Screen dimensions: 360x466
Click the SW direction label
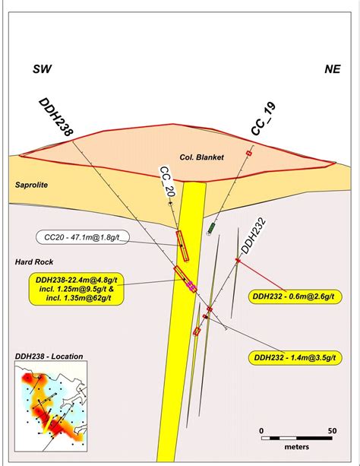[42, 69]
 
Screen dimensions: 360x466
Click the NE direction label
[333, 69]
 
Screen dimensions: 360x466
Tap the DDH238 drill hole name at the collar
[56, 117]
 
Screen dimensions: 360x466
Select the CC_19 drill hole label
[264, 119]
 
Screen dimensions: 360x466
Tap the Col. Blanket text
[202, 157]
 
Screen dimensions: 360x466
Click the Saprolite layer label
[31, 185]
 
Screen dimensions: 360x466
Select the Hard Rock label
[34, 262]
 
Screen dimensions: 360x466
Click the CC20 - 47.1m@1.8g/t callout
[83, 237]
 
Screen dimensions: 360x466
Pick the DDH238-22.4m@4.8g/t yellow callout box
[76, 289]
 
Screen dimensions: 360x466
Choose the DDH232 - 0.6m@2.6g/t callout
[295, 296]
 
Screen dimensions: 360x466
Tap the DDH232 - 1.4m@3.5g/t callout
[295, 357]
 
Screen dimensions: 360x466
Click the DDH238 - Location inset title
[49, 357]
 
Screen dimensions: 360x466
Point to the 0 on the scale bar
[261, 430]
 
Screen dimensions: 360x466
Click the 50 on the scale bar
[333, 430]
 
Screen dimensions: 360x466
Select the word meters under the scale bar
[296, 447]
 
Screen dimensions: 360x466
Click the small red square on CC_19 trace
[249, 154]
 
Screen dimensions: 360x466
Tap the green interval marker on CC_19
[211, 228]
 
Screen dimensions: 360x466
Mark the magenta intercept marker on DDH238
[191, 285]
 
